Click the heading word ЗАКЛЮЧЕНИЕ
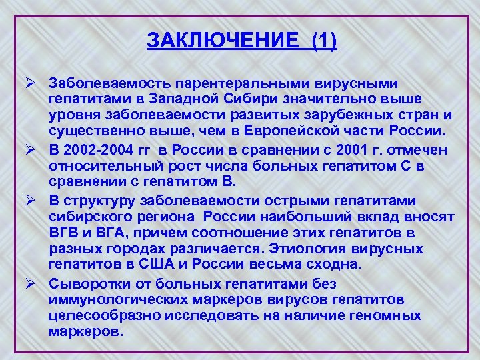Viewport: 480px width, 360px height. pyautogui.click(x=223, y=41)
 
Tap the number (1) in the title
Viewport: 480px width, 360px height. pyautogui.click(x=323, y=41)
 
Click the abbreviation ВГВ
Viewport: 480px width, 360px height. pyautogui.click(x=63, y=233)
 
